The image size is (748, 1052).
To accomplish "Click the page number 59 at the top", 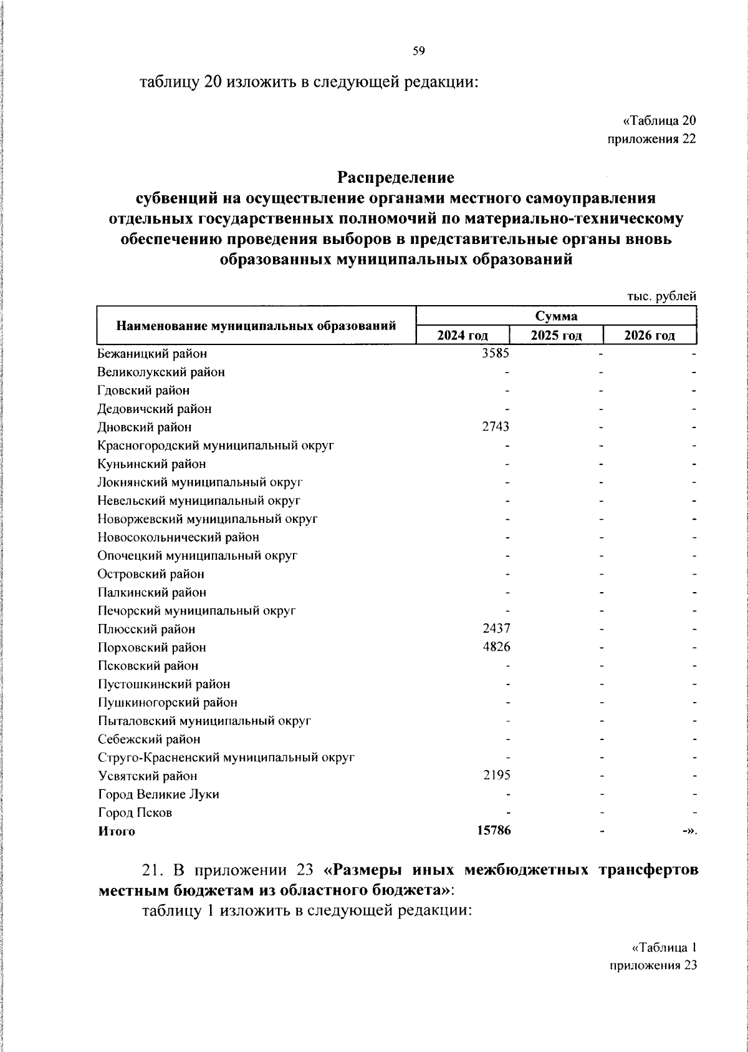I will pos(418,52).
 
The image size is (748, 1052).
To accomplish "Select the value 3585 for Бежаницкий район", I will pos(496,354).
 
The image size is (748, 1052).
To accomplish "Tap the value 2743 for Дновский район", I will pos(496,427).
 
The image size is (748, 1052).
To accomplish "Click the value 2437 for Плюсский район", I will pos(496,629).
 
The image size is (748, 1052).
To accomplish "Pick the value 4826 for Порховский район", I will pos(496,648).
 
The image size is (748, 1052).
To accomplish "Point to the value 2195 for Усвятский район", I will pos(496,776).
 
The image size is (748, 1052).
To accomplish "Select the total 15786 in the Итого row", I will pos(493,831).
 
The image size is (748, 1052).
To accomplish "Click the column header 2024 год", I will pos(462,336).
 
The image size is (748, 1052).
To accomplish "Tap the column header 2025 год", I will pos(556,336).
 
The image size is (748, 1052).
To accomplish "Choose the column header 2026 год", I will pos(650,336).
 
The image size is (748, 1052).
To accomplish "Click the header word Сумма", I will pos(556,316).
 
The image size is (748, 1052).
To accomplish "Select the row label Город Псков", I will pos(135,813).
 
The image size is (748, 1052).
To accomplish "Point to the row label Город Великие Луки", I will pos(159,794).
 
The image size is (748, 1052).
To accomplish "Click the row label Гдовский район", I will pos(144,391).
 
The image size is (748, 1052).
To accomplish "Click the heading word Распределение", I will pos(396,178).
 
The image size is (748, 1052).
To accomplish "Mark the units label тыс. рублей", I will pos(661,297).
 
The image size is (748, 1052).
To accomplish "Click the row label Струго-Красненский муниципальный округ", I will pos(226,758).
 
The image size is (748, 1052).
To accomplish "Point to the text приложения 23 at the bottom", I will pos(652,966).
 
